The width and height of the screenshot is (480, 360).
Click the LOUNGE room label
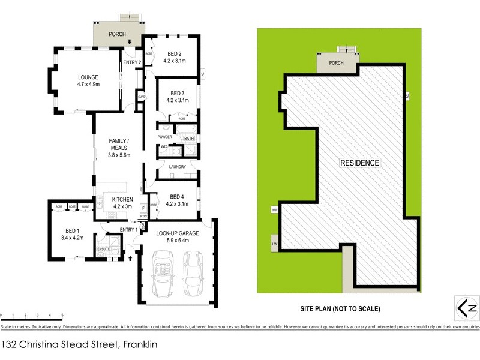pos(88,77)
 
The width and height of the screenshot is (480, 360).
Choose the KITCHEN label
pos(122,199)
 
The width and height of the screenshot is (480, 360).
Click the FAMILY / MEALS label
pos(119,144)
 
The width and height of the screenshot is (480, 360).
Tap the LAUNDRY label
pos(178,167)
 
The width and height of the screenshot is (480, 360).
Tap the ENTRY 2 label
pos(131,62)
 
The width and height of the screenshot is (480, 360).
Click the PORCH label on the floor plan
pos(117,34)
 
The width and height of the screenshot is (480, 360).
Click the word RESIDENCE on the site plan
pos(359,163)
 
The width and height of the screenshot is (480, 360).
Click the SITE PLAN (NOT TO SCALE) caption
pos(340,309)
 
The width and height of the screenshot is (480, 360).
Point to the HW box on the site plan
pos(275,244)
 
